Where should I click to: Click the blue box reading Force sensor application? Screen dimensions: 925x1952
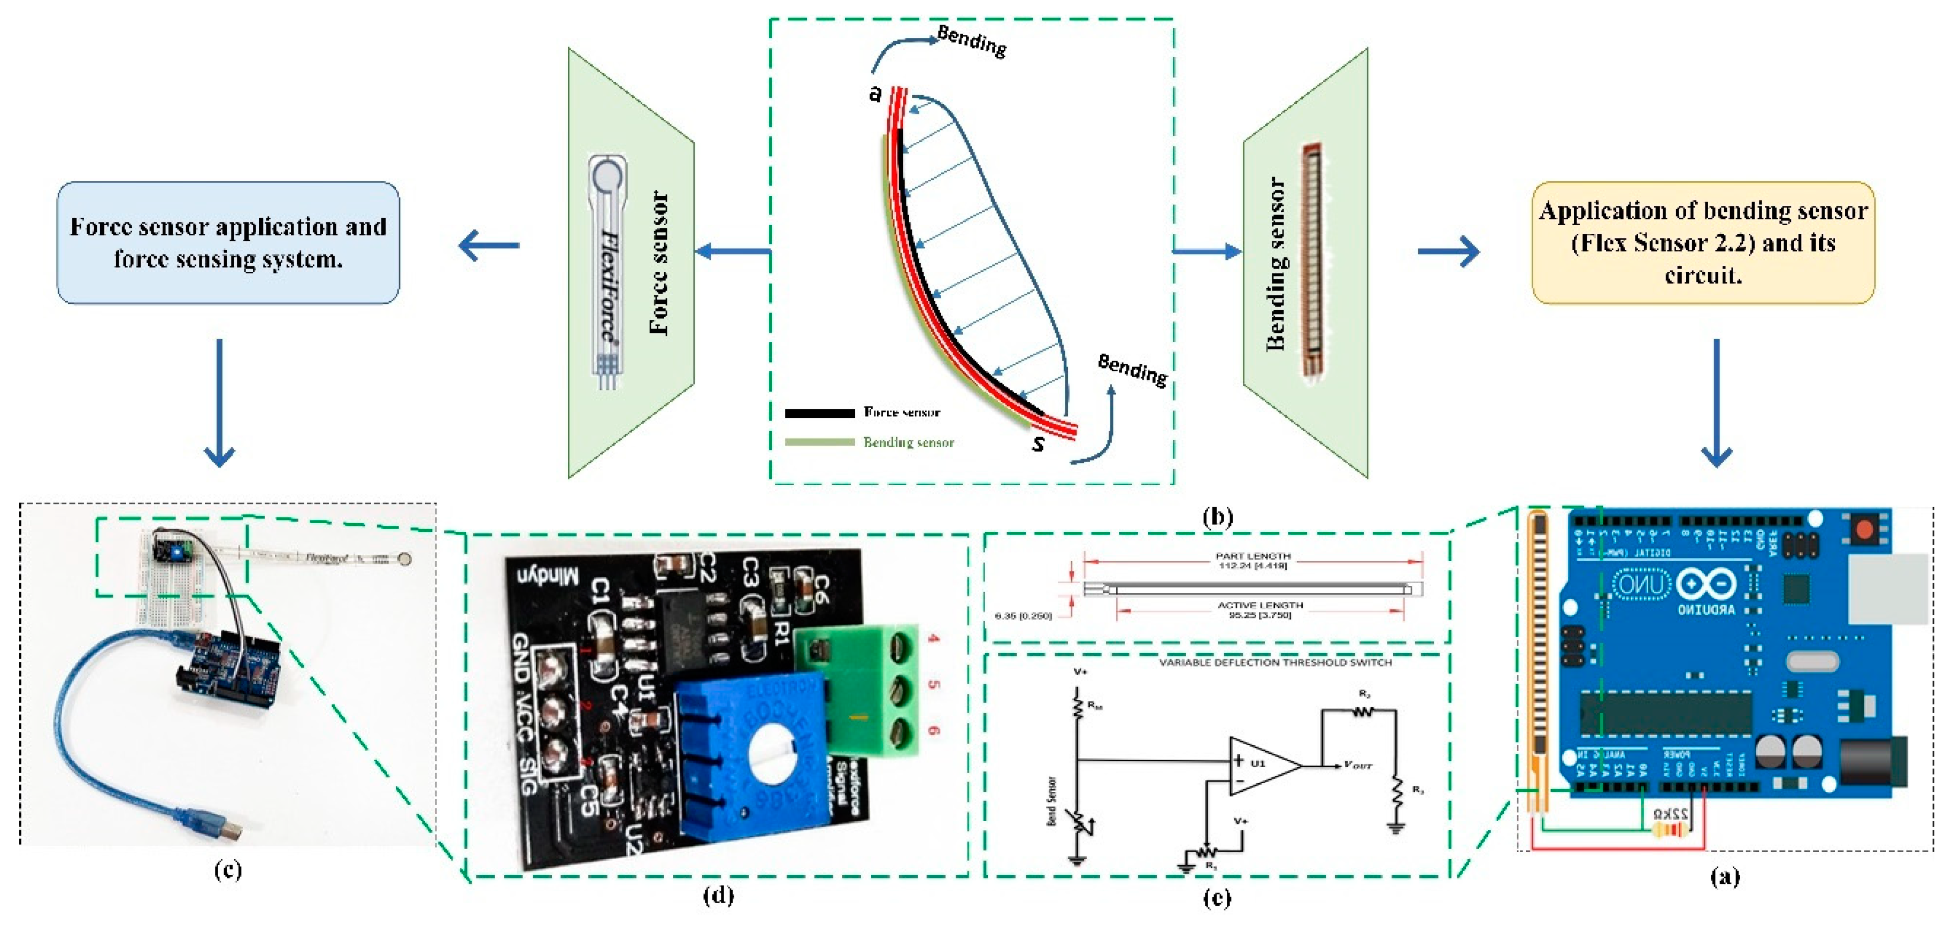click(x=228, y=243)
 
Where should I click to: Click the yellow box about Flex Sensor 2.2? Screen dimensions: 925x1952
click(x=1703, y=243)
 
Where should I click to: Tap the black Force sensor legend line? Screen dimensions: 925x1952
click(x=819, y=413)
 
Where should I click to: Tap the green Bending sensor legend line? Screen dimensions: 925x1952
click(x=819, y=442)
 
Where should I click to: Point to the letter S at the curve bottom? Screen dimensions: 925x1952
click(x=1038, y=444)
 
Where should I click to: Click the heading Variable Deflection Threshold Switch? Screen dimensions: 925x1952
click(x=1275, y=663)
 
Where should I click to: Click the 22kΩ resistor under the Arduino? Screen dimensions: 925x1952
click(x=1671, y=830)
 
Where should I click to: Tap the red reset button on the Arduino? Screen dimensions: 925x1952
click(x=1863, y=530)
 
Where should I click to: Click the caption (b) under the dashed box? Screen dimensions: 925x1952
click(x=1218, y=517)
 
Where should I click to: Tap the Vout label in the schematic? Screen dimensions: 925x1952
click(x=1358, y=766)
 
